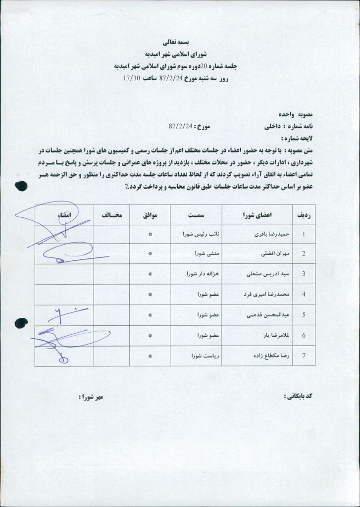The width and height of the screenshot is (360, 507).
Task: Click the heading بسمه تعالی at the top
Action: [x=180, y=43]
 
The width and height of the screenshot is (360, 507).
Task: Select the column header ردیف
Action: [x=303, y=216]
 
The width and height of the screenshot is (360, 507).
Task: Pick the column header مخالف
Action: [x=111, y=216]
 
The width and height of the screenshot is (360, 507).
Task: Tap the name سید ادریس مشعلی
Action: [x=262, y=274]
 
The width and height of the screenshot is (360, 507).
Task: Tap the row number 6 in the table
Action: [x=303, y=335]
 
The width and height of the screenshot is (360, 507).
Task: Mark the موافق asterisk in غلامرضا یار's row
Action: [x=150, y=335]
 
